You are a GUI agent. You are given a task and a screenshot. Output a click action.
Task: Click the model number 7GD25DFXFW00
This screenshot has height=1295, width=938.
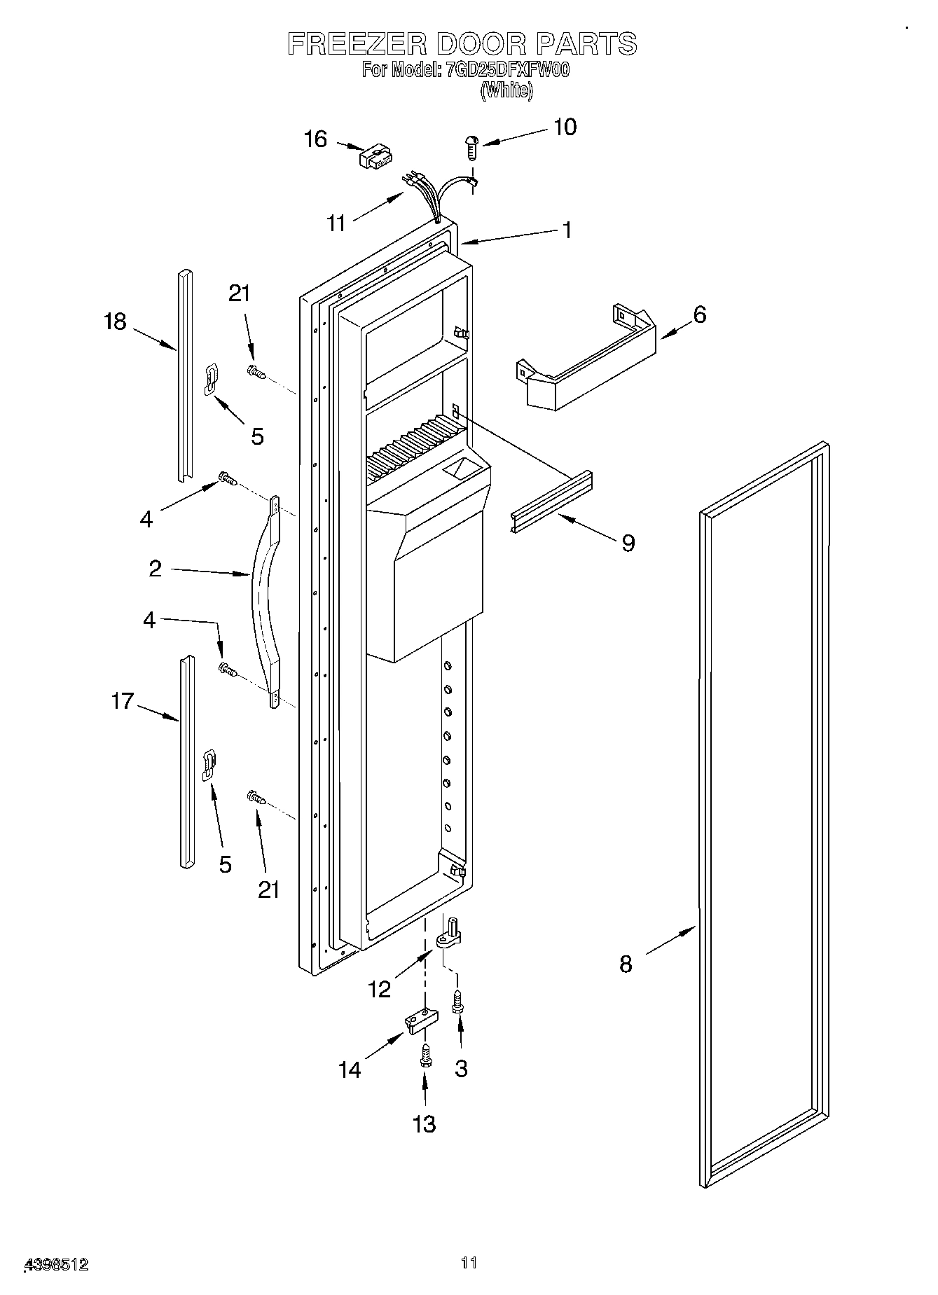point(508,70)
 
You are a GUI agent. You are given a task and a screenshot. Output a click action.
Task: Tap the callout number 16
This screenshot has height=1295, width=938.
point(315,139)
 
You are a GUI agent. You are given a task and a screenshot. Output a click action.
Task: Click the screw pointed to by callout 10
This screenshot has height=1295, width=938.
point(471,148)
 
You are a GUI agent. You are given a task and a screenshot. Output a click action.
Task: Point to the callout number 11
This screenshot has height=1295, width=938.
point(337,223)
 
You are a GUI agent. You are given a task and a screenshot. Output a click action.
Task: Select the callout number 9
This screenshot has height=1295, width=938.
point(628,542)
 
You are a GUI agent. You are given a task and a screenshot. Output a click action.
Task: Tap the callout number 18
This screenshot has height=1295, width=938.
point(115,321)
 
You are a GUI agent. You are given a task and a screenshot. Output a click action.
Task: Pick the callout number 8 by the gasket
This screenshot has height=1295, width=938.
point(626,964)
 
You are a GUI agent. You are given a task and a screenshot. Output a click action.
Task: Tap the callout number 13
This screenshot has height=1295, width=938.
point(425,1124)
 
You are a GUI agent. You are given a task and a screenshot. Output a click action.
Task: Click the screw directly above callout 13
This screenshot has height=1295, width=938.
point(425,1057)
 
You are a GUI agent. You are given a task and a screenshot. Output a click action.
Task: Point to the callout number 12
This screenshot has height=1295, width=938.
point(379,989)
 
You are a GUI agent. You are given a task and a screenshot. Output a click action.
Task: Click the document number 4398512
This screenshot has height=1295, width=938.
point(57,1265)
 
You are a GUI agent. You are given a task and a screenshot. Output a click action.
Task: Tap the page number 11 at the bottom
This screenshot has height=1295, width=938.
point(469,1263)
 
